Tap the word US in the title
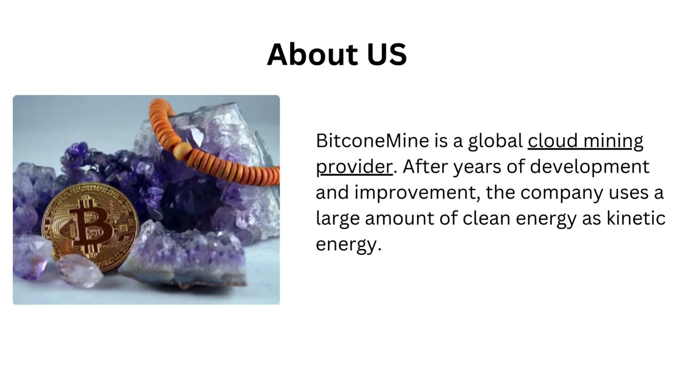pyautogui.click(x=387, y=54)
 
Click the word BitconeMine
pyautogui.click(x=372, y=141)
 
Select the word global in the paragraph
pyautogui.click(x=495, y=141)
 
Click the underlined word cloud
pyautogui.click(x=551, y=141)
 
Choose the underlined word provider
pyautogui.click(x=354, y=167)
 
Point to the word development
pyautogui.click(x=589, y=167)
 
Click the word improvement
pyautogui.click(x=417, y=193)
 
